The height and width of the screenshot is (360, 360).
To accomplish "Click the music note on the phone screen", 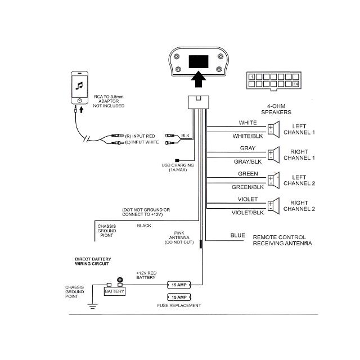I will tap(79, 86).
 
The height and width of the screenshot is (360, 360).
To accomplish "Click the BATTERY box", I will tap(115, 291).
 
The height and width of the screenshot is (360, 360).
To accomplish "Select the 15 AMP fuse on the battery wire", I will tap(178, 285).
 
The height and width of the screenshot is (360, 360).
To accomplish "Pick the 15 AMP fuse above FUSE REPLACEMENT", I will tap(178, 296).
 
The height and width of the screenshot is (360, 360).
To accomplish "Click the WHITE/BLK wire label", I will tap(247, 136).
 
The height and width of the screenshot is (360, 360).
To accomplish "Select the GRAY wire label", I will tap(247, 148).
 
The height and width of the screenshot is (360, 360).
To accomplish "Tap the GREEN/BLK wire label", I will tap(247, 187).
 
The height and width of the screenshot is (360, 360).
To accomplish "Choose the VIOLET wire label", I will tap(247, 200).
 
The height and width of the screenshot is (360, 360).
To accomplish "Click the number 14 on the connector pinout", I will tap(295, 84).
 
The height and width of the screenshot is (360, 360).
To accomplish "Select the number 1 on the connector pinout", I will tap(252, 76).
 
